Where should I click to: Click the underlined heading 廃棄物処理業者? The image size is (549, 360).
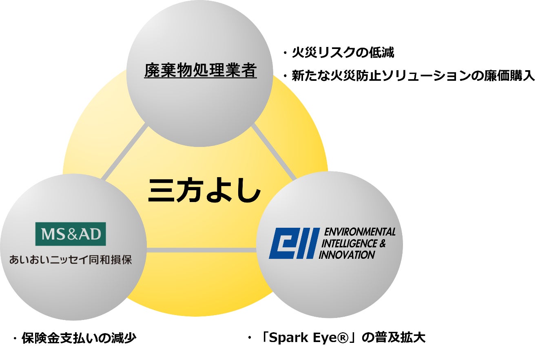coord(200,71)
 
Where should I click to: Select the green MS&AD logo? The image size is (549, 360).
coord(71,234)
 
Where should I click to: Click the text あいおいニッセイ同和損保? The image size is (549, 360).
coord(71,260)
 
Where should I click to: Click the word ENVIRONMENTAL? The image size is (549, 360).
coord(359,232)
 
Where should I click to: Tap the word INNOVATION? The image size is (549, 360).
coord(347,255)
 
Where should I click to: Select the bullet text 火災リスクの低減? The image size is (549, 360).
coord(343,53)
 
